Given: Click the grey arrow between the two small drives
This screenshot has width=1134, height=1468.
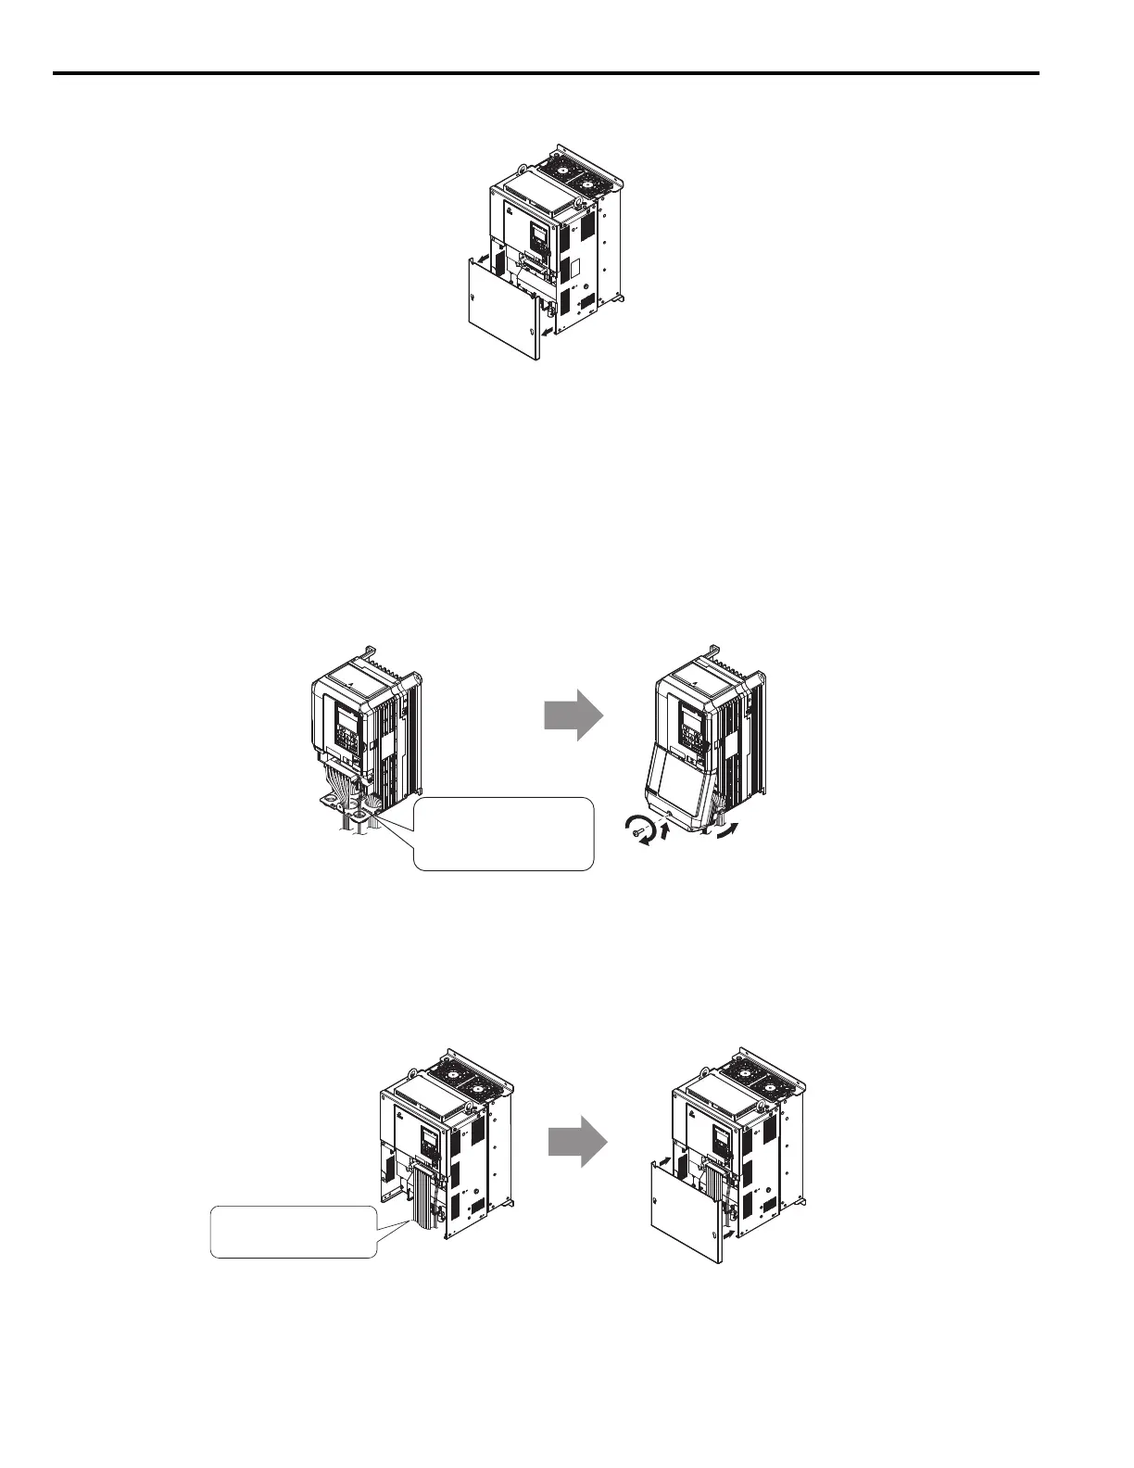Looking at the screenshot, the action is (x=573, y=715).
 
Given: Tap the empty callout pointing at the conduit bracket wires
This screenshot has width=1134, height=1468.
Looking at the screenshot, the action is (x=503, y=833).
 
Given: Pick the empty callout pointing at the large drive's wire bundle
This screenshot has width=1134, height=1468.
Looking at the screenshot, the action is (x=294, y=1231).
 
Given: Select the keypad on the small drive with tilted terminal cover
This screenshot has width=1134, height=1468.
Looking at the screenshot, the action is (x=690, y=719).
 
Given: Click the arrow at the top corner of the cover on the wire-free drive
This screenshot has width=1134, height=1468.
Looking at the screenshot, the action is (x=483, y=262).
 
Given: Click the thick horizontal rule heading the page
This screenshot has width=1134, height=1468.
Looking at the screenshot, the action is (x=547, y=73).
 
